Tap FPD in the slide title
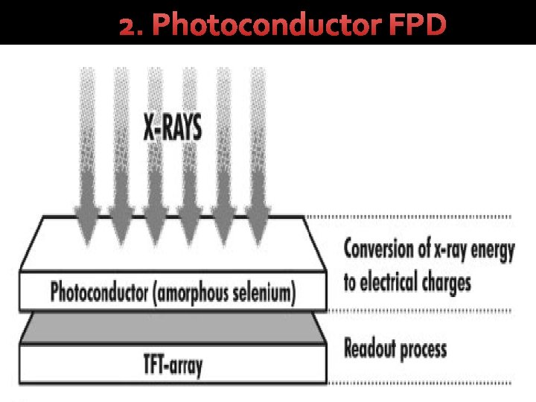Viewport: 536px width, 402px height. pos(417,25)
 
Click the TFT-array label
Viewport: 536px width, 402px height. pos(173,365)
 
